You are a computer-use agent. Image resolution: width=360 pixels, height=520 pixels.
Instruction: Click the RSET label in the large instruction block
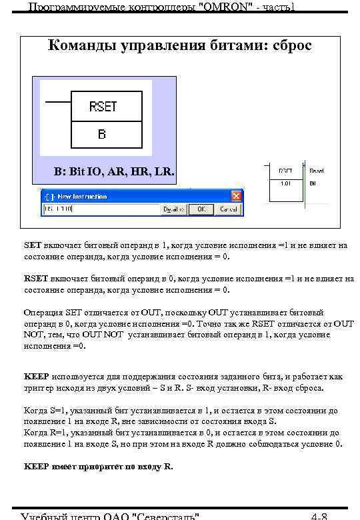(103, 106)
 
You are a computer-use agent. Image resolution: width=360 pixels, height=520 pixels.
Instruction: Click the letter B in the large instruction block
(102, 134)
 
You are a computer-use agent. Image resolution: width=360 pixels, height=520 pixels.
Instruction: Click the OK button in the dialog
(201, 209)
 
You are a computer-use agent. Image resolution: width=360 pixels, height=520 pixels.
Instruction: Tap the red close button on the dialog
(235, 197)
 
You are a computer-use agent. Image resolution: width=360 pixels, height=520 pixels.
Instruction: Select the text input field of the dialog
(100, 209)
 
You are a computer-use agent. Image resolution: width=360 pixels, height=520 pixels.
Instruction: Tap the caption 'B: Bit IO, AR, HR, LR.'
(114, 172)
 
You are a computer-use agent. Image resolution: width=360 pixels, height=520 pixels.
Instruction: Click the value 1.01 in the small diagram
(285, 182)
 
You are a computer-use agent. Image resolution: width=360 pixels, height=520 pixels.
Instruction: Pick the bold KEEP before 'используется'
(36, 376)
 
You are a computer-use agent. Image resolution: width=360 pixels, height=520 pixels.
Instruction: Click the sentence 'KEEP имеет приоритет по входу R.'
(98, 467)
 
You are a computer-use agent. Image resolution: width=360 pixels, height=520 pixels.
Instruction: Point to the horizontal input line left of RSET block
(57, 101)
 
